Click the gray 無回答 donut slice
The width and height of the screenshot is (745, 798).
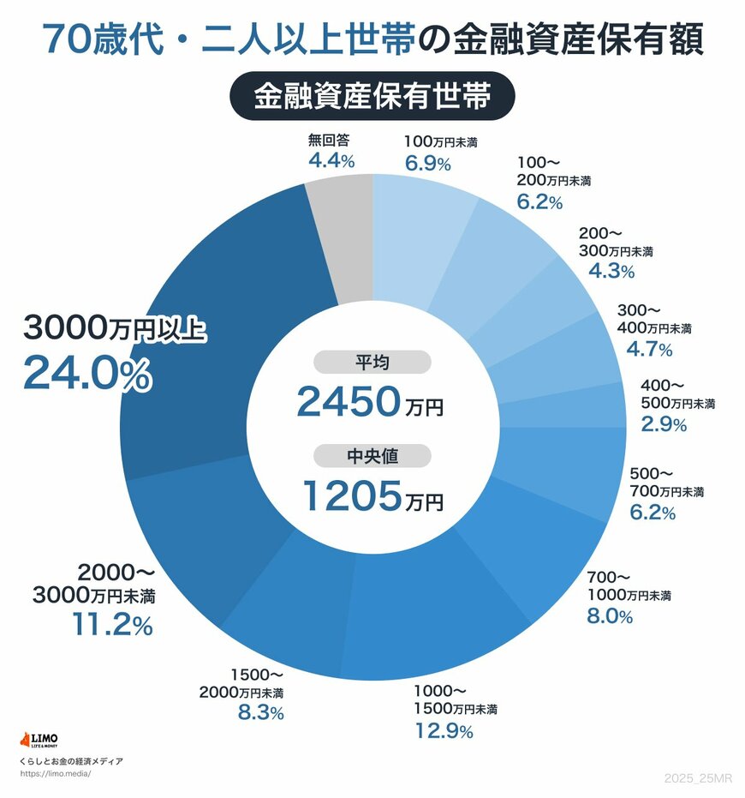coord(343,240)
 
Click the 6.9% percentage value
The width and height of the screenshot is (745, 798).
coord(428,163)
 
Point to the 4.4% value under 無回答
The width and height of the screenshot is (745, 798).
coord(331,160)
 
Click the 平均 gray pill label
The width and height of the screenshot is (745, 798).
coord(372,363)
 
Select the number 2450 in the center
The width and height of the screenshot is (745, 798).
coord(348,402)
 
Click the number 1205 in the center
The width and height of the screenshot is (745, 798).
coord(351,496)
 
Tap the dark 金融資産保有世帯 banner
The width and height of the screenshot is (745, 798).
coord(372,97)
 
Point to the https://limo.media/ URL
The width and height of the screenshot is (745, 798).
coord(55,773)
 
